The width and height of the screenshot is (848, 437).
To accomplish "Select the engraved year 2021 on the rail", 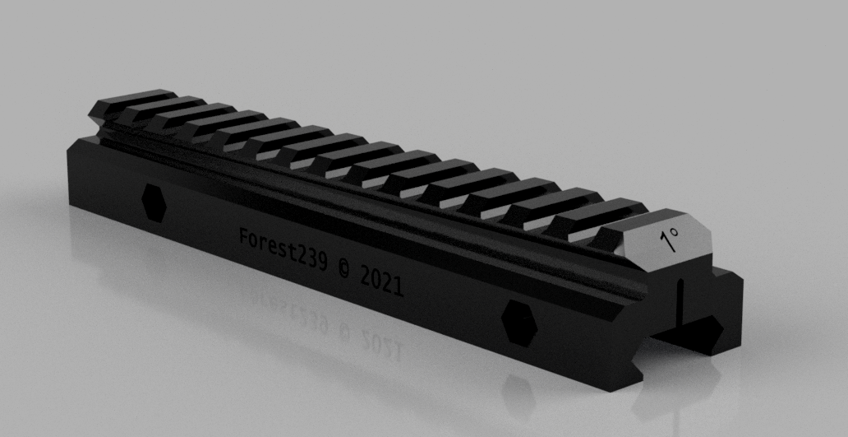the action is (381, 281).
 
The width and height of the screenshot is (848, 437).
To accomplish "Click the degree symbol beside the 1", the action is (673, 232).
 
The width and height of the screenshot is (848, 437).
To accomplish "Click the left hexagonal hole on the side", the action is (154, 202).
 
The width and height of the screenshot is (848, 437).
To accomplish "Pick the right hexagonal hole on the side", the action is (519, 323).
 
